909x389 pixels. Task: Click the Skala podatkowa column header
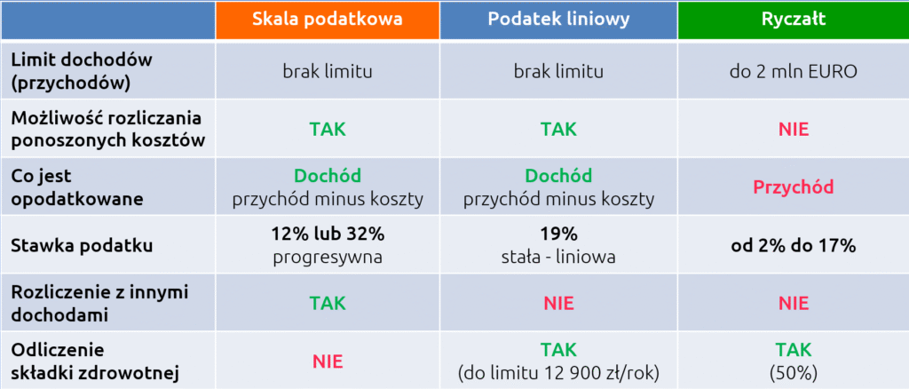328,20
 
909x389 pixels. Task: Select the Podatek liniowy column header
558,20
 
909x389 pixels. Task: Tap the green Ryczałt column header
794,20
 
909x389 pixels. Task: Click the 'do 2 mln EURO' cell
794,72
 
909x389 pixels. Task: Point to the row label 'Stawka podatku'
82,245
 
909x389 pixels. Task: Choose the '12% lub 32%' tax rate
328,234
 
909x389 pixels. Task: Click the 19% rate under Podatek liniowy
558,234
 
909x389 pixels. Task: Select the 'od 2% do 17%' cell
794,245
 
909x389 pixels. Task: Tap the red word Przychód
794,187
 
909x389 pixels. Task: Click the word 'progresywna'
328,257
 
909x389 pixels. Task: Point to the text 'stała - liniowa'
558,257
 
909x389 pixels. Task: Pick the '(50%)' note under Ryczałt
794,372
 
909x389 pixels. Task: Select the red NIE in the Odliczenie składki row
328,361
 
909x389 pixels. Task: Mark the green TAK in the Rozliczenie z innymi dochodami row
328,303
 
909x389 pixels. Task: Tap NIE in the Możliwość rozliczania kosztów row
794,129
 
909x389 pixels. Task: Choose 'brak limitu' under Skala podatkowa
328,72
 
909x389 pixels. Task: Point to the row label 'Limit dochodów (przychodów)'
75,71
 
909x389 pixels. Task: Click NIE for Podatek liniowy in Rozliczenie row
558,303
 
